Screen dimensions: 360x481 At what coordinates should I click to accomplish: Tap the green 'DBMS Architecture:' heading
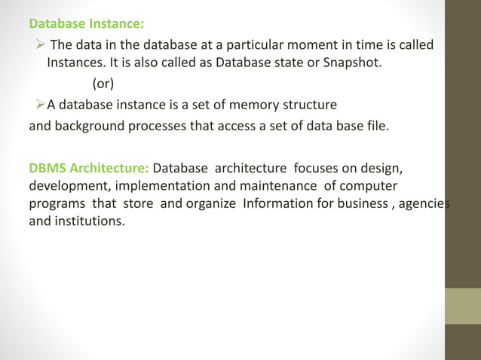click(x=88, y=166)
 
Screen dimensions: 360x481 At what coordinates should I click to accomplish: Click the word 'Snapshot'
click(x=355, y=62)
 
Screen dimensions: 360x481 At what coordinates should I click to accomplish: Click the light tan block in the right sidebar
click(x=463, y=305)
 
